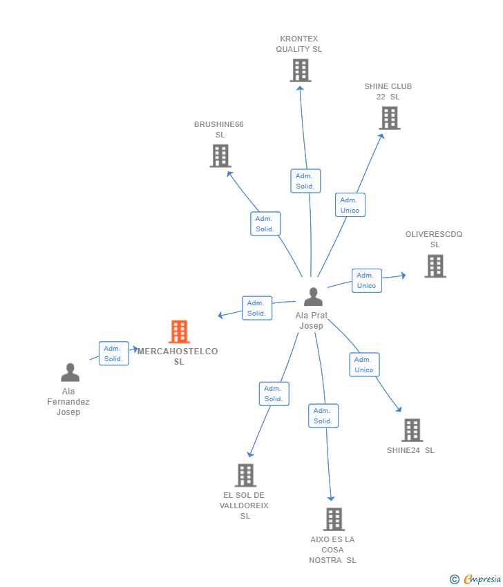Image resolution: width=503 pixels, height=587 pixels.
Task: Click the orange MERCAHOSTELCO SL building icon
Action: pyautogui.click(x=179, y=332)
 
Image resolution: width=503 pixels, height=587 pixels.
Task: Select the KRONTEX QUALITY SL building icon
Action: pyautogui.click(x=301, y=70)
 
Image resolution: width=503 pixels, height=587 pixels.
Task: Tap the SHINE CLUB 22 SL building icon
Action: pyautogui.click(x=390, y=118)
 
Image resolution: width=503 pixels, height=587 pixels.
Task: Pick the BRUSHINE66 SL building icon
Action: pyautogui.click(x=220, y=156)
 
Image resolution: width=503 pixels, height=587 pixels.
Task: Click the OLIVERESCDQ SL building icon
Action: pyautogui.click(x=435, y=266)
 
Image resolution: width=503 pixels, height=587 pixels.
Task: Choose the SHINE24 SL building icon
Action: pyautogui.click(x=412, y=430)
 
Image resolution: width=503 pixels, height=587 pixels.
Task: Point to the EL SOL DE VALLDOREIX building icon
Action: pyautogui.click(x=245, y=475)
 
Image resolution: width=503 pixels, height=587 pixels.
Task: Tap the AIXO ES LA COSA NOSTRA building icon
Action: pyautogui.click(x=334, y=519)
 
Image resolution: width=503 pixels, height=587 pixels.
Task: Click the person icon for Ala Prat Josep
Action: pyautogui.click(x=313, y=297)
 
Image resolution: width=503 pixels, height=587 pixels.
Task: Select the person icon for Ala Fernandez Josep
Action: pyautogui.click(x=70, y=372)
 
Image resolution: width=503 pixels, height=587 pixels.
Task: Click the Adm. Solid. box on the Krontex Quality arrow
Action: pyautogui.click(x=305, y=181)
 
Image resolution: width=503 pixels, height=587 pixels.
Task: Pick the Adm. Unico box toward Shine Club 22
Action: pyautogui.click(x=350, y=205)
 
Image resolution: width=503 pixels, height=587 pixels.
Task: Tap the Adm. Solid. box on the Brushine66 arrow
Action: pyautogui.click(x=265, y=224)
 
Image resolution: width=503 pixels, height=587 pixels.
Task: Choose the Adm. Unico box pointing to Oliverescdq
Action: pyautogui.click(x=366, y=280)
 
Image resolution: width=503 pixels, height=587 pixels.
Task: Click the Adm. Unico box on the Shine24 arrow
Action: pyautogui.click(x=364, y=365)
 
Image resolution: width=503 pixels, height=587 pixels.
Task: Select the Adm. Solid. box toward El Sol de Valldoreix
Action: pyautogui.click(x=274, y=394)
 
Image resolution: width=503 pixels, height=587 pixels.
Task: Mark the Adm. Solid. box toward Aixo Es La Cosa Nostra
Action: pyautogui.click(x=323, y=416)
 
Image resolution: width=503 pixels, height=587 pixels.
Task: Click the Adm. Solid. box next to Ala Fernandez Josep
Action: pyautogui.click(x=113, y=354)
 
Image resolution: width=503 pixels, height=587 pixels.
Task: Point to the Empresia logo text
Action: pyautogui.click(x=482, y=579)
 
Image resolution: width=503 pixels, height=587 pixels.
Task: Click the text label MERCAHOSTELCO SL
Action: pyautogui.click(x=178, y=356)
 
